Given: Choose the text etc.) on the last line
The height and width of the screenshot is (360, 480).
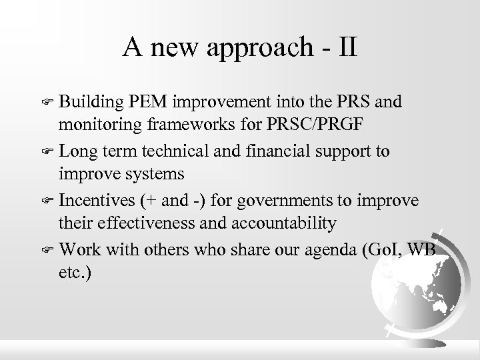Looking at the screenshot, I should click(x=75, y=271).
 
